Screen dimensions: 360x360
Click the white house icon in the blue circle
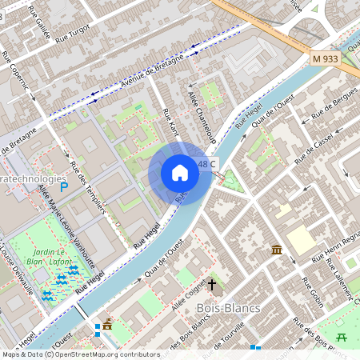[x=180, y=173]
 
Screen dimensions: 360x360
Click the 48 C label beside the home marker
[x=207, y=165]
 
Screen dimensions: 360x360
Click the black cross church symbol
[x=213, y=285]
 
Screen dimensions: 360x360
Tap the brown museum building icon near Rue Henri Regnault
[x=276, y=250]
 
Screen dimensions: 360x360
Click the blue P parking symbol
[x=64, y=186]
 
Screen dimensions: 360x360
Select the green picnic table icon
[x=342, y=337]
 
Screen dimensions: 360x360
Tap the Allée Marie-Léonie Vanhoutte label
[x=67, y=227]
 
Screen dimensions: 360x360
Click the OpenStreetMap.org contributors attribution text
[x=104, y=354]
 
